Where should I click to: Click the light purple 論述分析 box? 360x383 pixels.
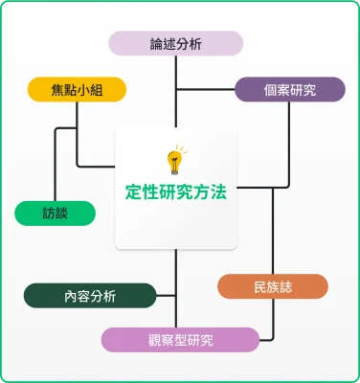coord(175,43)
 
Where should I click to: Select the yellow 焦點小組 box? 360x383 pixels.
coord(77,90)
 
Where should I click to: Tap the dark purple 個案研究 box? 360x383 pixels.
coord(289,90)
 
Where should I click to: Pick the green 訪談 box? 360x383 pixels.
coord(55,213)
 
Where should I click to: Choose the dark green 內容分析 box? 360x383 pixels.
coord(90,296)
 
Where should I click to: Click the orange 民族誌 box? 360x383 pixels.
coord(273,286)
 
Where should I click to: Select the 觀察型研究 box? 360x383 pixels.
coord(181,340)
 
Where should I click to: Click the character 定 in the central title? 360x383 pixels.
coord(133,191)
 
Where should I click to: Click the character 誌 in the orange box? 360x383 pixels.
coord(287,286)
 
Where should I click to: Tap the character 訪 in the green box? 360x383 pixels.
coord(48,213)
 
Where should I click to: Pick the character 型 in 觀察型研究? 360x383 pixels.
coord(181,340)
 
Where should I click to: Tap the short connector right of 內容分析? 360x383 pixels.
coord(166,296)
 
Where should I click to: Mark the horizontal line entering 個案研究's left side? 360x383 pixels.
coord(206,90)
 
